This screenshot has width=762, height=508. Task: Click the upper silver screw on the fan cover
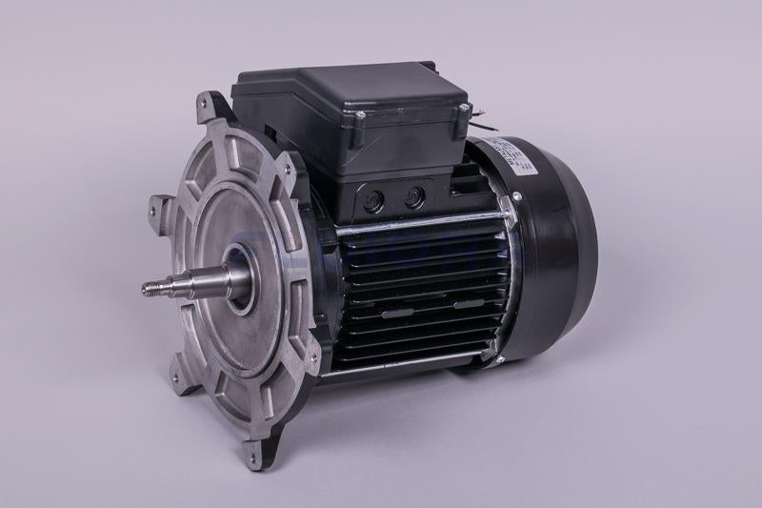(515, 196)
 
